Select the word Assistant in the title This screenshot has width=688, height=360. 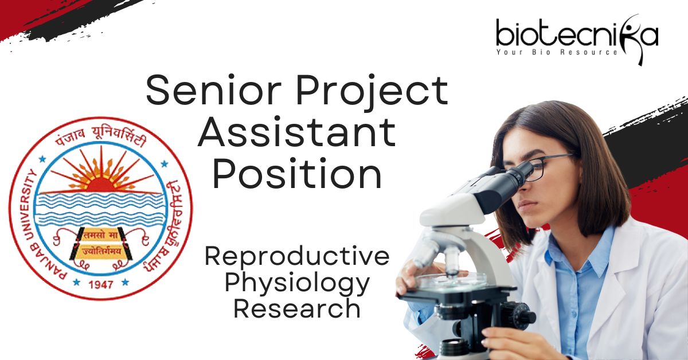point(297,131)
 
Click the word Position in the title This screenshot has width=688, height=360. point(298,173)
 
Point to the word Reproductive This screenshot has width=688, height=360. point(297,256)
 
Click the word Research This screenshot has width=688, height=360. point(297,309)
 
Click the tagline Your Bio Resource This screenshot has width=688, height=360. point(557,52)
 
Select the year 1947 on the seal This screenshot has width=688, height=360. point(101,284)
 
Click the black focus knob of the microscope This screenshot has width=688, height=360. point(519,317)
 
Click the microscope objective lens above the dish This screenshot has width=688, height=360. point(452,261)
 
